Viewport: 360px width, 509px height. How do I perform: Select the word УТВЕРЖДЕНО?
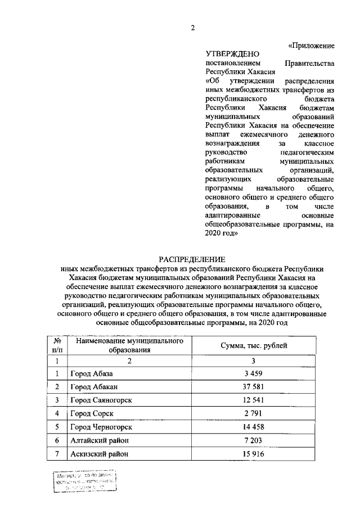(232, 55)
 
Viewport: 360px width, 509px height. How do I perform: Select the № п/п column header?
(57, 345)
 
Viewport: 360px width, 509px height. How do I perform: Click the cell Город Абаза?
(92, 373)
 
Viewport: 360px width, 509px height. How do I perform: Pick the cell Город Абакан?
(94, 387)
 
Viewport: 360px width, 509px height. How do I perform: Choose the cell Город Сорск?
(92, 414)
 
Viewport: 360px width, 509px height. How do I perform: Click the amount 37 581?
(254, 387)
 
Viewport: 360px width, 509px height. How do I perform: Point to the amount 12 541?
(254, 400)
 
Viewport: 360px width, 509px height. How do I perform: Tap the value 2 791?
(254, 414)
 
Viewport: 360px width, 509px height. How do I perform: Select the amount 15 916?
(254, 454)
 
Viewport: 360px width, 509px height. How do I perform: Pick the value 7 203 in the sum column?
(254, 441)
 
